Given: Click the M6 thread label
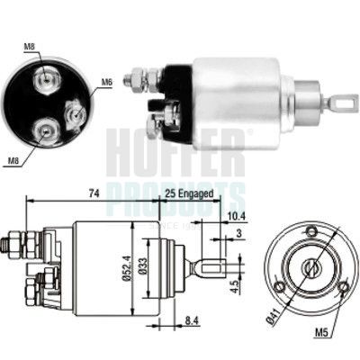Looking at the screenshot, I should (x=107, y=83).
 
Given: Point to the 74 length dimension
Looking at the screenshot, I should (x=67, y=192).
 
